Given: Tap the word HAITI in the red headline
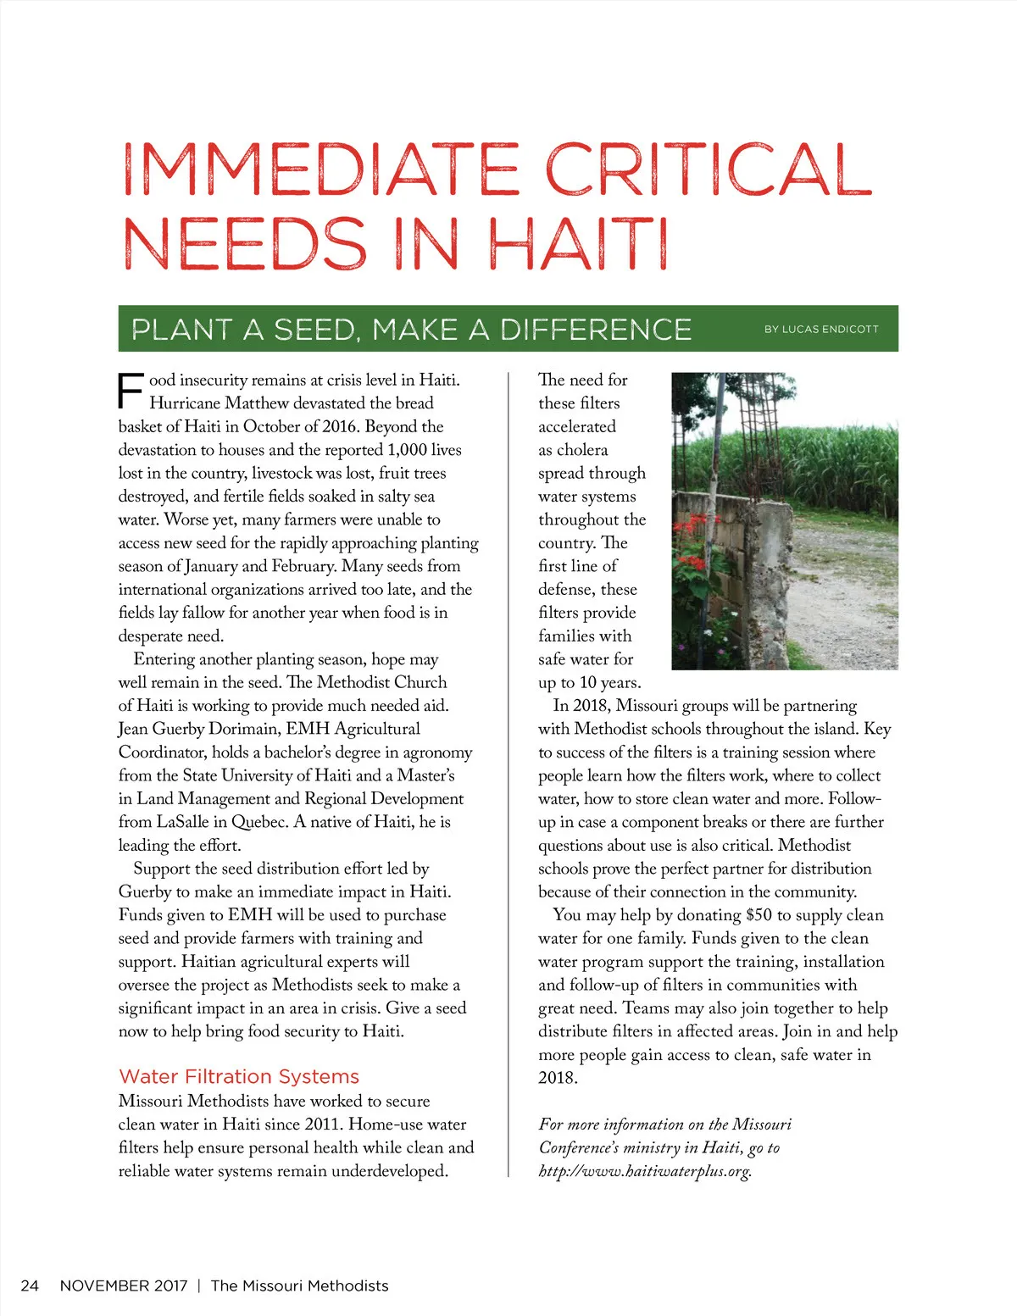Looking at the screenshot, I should click(x=579, y=244).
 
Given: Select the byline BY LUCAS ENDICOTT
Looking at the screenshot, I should click(x=820, y=329).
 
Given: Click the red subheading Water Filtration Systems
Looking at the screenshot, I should click(x=239, y=1076).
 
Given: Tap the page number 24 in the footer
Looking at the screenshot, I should click(x=30, y=1285).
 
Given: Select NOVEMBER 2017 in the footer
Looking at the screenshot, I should click(x=124, y=1285).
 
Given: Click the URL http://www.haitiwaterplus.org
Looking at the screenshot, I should click(x=644, y=1171).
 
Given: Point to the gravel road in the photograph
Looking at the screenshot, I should click(x=847, y=593).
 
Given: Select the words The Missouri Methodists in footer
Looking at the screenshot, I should click(x=299, y=1285).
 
